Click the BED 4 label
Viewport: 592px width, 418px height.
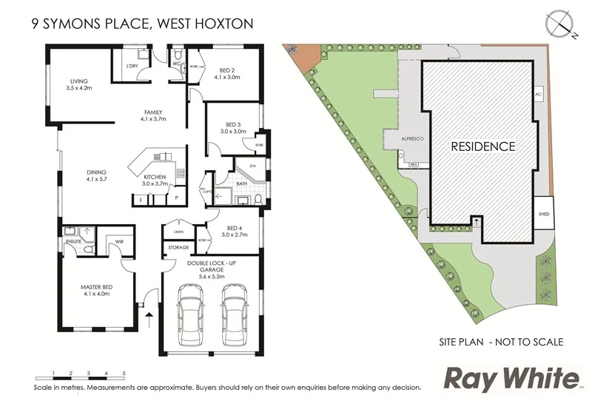[234, 229]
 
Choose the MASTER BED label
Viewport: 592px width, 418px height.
[96, 289]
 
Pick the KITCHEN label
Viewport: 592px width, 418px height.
[154, 178]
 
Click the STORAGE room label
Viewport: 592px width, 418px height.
[178, 247]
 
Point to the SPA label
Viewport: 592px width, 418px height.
[252, 166]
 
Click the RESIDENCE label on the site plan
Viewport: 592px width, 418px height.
[483, 146]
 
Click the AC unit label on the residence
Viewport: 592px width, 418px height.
[539, 96]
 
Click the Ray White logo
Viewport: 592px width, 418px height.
[511, 379]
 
